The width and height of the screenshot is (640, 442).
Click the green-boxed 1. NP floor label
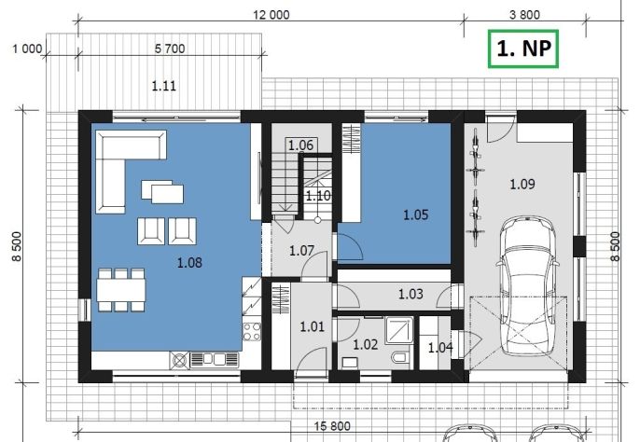[523, 48]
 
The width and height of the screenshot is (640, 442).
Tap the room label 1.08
[189, 262]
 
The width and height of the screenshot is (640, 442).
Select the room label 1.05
[416, 214]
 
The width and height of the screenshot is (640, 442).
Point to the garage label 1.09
[522, 184]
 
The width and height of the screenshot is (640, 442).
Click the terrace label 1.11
[163, 86]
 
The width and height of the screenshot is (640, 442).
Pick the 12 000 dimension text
[271, 15]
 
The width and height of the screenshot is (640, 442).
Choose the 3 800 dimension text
[524, 15]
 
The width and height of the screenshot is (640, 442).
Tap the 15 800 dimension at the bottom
[332, 426]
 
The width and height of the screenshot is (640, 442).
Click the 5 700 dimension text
[170, 48]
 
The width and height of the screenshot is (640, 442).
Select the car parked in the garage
[527, 288]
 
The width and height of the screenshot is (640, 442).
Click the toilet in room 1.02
[400, 358]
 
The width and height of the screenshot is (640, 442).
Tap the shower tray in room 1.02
[399, 330]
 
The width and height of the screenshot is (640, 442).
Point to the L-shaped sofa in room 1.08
[122, 167]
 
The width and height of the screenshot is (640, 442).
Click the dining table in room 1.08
[121, 289]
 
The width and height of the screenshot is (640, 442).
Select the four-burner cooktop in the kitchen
[252, 331]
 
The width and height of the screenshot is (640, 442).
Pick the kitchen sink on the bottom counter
[215, 360]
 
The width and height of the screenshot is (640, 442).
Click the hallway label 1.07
[301, 251]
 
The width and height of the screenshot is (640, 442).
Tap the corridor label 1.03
[410, 294]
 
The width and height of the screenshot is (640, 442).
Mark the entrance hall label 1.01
[313, 326]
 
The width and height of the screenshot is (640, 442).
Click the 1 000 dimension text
[27, 48]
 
